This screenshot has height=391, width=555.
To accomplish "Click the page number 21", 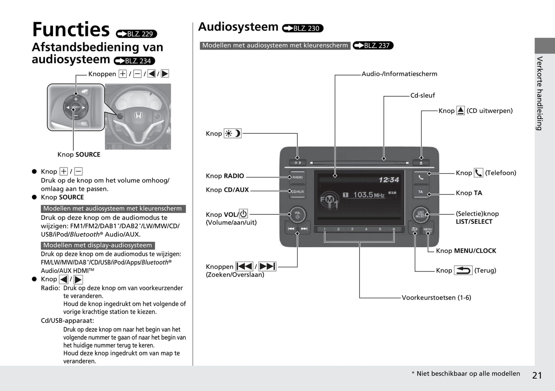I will (x=537, y=375).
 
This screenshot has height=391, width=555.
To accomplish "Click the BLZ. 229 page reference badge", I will (x=136, y=34).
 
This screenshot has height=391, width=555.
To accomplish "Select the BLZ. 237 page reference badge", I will (x=373, y=45).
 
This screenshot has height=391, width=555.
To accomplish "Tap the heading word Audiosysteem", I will (x=238, y=27).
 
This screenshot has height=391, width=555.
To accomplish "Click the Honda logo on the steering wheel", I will (x=138, y=115).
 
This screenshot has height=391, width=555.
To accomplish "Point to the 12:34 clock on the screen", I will (x=389, y=180).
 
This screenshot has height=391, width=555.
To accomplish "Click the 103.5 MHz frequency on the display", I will (x=368, y=195).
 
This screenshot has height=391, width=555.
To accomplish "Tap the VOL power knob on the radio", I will (x=297, y=214).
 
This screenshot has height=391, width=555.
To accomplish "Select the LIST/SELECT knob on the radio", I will (x=421, y=214).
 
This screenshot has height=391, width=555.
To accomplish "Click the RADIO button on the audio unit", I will (x=298, y=177).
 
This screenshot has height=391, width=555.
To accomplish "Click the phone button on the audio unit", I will (x=421, y=177).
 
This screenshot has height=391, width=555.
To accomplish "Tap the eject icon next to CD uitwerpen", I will (x=461, y=111).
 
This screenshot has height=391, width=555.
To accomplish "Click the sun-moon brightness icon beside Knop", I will (x=233, y=133).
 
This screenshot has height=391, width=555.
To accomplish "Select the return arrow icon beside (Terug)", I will (x=463, y=270).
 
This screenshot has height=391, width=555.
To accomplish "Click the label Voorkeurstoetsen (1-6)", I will (x=436, y=298).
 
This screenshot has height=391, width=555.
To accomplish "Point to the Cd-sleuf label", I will (x=422, y=95).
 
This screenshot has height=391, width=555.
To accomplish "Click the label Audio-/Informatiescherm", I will (x=399, y=74).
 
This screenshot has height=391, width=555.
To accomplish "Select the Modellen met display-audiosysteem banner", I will (x=98, y=245).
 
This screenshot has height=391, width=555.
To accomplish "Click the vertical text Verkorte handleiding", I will (x=540, y=93).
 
